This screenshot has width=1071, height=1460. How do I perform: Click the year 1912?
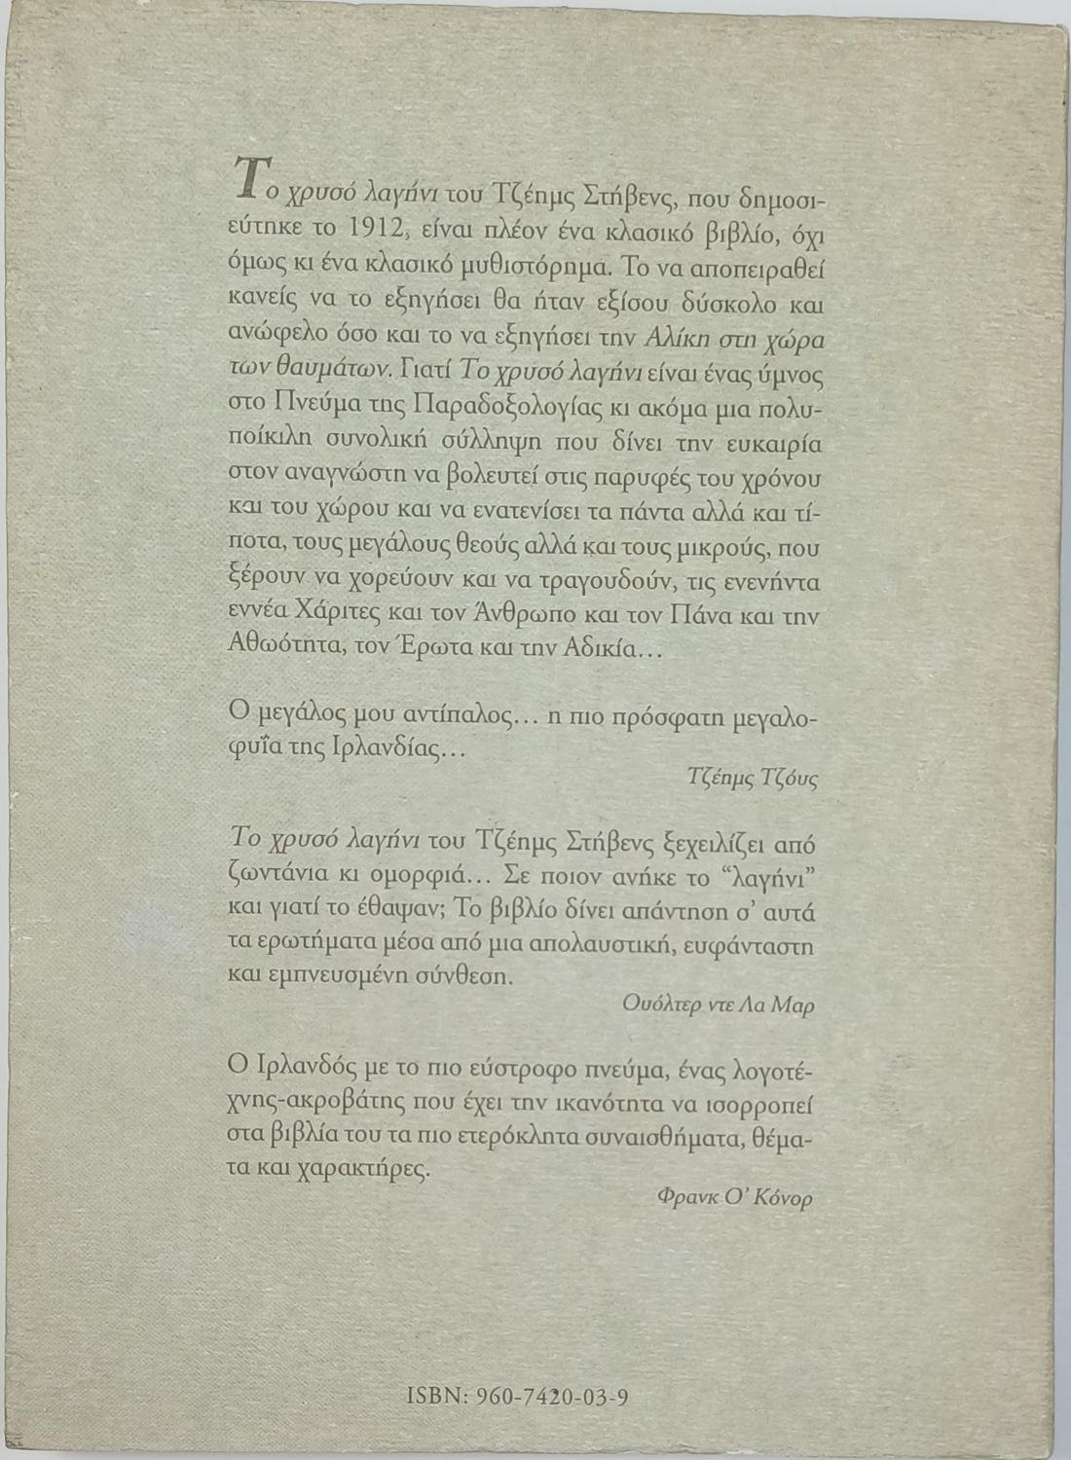(368, 231)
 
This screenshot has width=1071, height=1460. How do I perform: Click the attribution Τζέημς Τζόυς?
(752, 778)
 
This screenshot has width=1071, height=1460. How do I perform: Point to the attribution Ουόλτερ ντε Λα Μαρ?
(719, 1005)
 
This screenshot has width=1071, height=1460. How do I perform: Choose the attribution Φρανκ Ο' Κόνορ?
(735, 1198)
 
